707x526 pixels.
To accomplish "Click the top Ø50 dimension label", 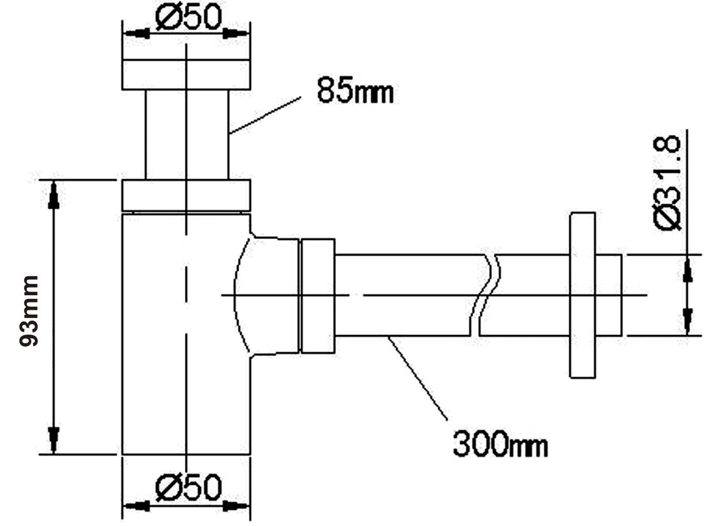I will (188, 19).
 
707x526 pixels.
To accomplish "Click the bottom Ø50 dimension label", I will (188, 487).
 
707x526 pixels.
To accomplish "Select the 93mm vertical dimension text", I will (29, 311).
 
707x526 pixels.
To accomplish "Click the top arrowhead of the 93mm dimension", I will (53, 196).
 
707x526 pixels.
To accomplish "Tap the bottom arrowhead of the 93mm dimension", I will (53, 439).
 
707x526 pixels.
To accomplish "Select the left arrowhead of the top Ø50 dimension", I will (136, 34).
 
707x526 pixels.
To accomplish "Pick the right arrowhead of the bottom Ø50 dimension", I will (237, 506).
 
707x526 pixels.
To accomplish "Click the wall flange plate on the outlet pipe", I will (582, 295).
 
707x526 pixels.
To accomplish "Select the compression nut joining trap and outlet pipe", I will (317, 296).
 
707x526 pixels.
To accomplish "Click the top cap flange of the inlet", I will (186, 75).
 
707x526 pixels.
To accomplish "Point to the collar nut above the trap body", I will (186, 195).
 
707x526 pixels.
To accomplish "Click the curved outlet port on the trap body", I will (266, 296).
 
